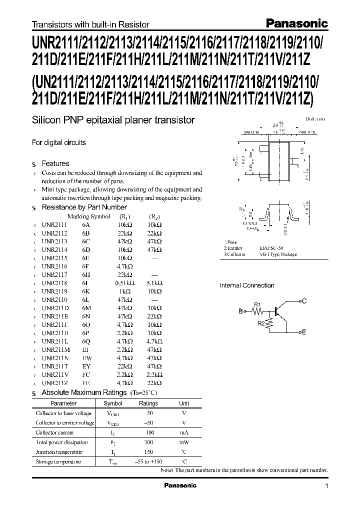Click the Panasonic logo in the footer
pyautogui.click(x=180, y=485)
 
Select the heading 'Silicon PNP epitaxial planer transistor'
pyautogui.click(x=113, y=120)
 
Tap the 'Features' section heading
pyautogui.click(x=55, y=163)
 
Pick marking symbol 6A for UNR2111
pyautogui.click(x=86, y=225)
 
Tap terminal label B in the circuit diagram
pyautogui.click(x=240, y=311)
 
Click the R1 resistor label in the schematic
pyautogui.click(x=257, y=304)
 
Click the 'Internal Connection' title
pyautogui.click(x=247, y=285)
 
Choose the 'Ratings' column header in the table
pyautogui.click(x=148, y=403)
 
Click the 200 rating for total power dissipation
pyautogui.click(x=148, y=442)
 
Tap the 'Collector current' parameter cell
pyautogui.click(x=55, y=432)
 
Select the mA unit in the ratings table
pyautogui.click(x=184, y=432)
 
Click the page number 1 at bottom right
pyautogui.click(x=327, y=486)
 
